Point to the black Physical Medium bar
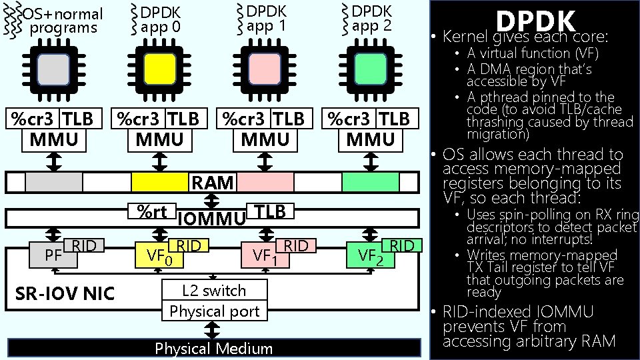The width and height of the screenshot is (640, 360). pyautogui.click(x=213, y=348)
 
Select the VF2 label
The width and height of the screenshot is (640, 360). pyautogui.click(x=370, y=255)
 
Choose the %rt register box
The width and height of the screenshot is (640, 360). pyautogui.click(x=153, y=211)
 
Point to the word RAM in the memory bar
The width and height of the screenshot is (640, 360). pyautogui.click(x=213, y=182)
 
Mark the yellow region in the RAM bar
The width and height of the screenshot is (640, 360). pyautogui.click(x=159, y=181)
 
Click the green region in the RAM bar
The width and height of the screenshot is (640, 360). pyautogui.click(x=371, y=181)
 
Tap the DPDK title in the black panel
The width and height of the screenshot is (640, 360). pyautogui.click(x=535, y=20)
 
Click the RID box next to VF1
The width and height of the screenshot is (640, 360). pyautogui.click(x=296, y=246)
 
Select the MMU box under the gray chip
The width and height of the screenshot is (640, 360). pyautogui.click(x=53, y=139)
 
